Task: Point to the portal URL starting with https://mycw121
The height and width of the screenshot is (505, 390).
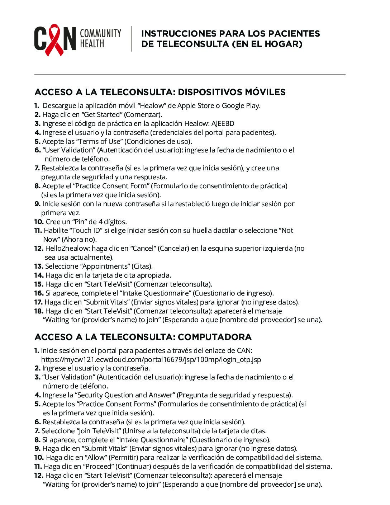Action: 151,359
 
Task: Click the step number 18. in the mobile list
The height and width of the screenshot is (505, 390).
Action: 39,311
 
